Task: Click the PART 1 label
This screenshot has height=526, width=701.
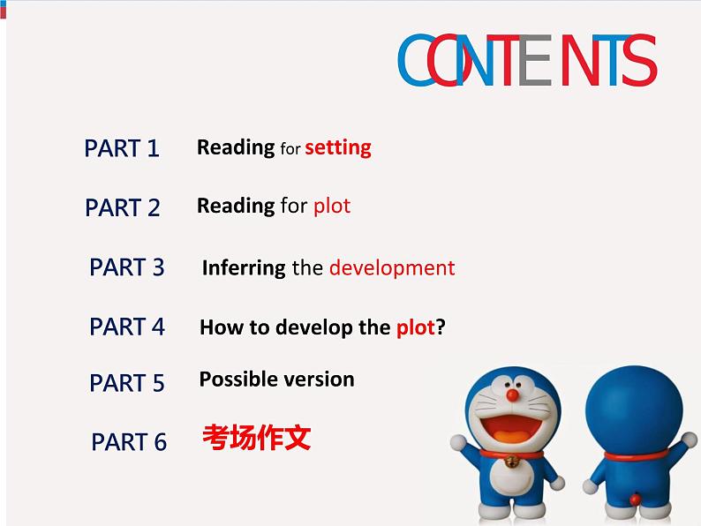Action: [x=122, y=148]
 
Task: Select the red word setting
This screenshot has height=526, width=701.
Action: [x=338, y=148]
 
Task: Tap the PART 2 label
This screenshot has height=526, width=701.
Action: [x=122, y=207]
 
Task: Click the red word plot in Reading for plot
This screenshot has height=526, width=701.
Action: [x=332, y=206]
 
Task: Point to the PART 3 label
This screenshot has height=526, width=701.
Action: [x=127, y=267]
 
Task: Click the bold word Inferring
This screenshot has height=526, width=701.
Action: [x=244, y=268]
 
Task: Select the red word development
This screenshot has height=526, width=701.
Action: [x=392, y=268]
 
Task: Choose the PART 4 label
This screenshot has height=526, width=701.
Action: [x=127, y=327]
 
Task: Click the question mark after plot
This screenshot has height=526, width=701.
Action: [x=441, y=327]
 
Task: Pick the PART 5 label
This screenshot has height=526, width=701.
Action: [x=127, y=382]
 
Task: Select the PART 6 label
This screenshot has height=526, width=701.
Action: [x=129, y=441]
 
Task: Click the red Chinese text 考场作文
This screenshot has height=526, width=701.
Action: [x=257, y=437]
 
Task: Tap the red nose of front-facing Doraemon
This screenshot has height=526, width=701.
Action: [x=512, y=395]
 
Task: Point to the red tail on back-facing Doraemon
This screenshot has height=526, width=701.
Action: [x=635, y=499]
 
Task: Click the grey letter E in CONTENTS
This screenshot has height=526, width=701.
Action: [x=535, y=60]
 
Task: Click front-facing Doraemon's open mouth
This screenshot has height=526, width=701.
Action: [x=511, y=428]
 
